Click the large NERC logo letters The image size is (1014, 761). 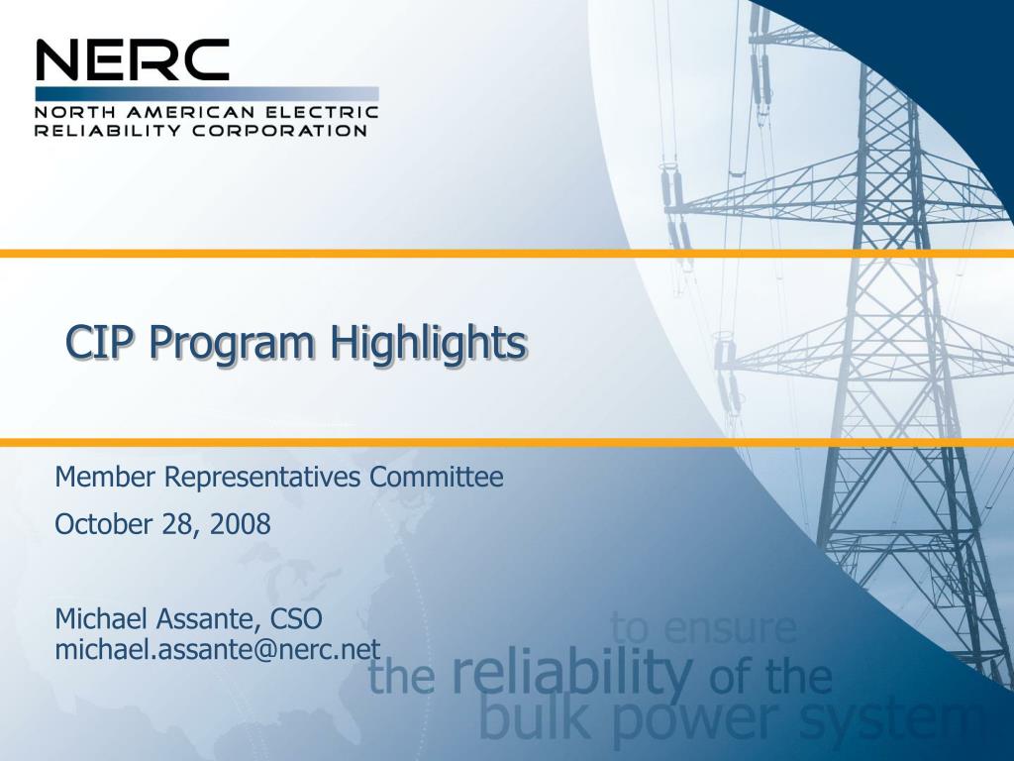point(133,61)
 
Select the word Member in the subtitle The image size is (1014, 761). point(106,478)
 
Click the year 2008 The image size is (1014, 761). point(241,524)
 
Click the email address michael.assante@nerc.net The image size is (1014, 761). point(217,649)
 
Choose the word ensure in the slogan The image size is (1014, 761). point(731,628)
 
